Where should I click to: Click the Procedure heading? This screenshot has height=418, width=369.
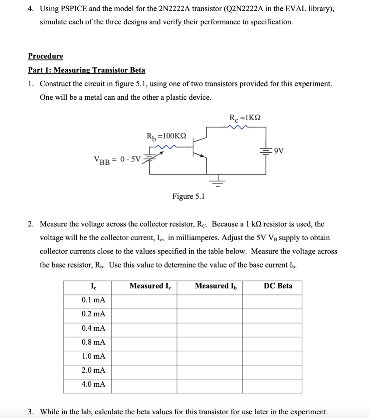(x=45, y=56)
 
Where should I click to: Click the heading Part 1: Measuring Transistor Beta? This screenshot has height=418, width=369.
(x=87, y=70)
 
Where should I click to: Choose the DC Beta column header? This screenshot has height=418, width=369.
(x=278, y=286)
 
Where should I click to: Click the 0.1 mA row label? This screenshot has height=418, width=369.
(x=93, y=300)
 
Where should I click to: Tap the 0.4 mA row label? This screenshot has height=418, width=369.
(x=93, y=328)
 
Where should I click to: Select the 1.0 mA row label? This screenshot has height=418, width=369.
(x=93, y=356)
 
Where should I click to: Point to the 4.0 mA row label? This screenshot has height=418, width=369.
(x=93, y=384)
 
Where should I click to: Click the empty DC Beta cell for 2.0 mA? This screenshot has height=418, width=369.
(x=272, y=370)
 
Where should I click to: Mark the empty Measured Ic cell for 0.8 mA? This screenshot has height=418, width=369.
(x=144, y=342)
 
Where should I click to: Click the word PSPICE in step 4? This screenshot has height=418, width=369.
(x=72, y=9)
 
